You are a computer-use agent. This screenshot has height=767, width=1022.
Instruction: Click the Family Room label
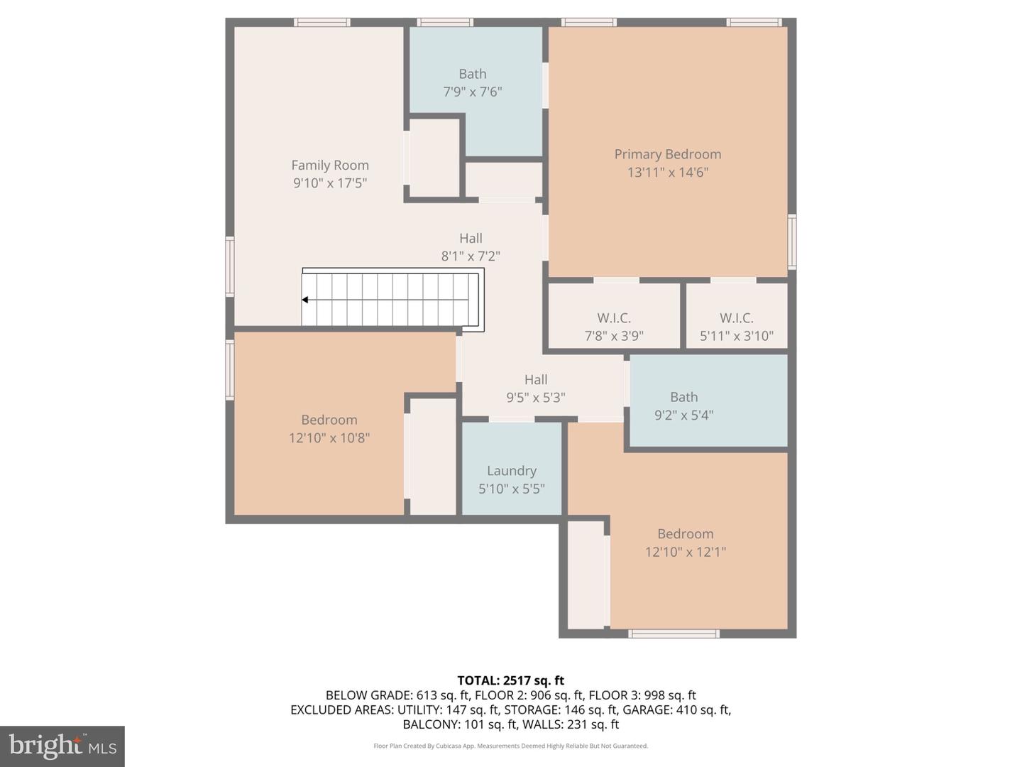coord(329,165)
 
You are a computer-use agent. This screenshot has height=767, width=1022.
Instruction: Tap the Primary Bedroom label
coord(668,154)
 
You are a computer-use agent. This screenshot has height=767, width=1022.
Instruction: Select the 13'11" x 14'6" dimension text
coord(668,173)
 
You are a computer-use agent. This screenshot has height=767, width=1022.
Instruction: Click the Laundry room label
coord(512,471)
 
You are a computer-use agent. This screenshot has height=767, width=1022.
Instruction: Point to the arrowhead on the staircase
coord(305,300)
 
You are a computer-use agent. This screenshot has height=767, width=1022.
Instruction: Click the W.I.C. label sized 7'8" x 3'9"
coord(614,318)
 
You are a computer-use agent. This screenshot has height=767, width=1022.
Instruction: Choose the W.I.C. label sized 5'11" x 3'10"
coord(737,318)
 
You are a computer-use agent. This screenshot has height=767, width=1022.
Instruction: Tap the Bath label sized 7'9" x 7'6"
coord(473,74)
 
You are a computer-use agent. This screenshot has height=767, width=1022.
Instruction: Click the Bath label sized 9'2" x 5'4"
coord(684,397)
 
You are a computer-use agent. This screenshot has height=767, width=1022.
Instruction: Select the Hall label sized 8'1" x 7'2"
coord(471,238)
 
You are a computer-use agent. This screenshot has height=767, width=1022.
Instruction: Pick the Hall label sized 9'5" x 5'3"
coord(536,379)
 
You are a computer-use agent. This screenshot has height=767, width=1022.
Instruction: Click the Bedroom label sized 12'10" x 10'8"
coord(329,420)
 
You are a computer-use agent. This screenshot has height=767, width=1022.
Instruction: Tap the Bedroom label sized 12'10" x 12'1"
coord(686,533)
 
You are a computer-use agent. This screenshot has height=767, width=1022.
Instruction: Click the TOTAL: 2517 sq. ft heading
coord(511,680)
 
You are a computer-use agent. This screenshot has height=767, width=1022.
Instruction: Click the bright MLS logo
coord(62,746)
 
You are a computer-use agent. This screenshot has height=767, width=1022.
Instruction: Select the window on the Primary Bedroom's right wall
coord(791,241)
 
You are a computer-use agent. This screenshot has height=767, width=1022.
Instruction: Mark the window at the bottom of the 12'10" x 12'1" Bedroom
coord(674,633)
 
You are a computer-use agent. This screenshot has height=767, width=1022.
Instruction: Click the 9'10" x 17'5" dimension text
coord(329,183)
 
